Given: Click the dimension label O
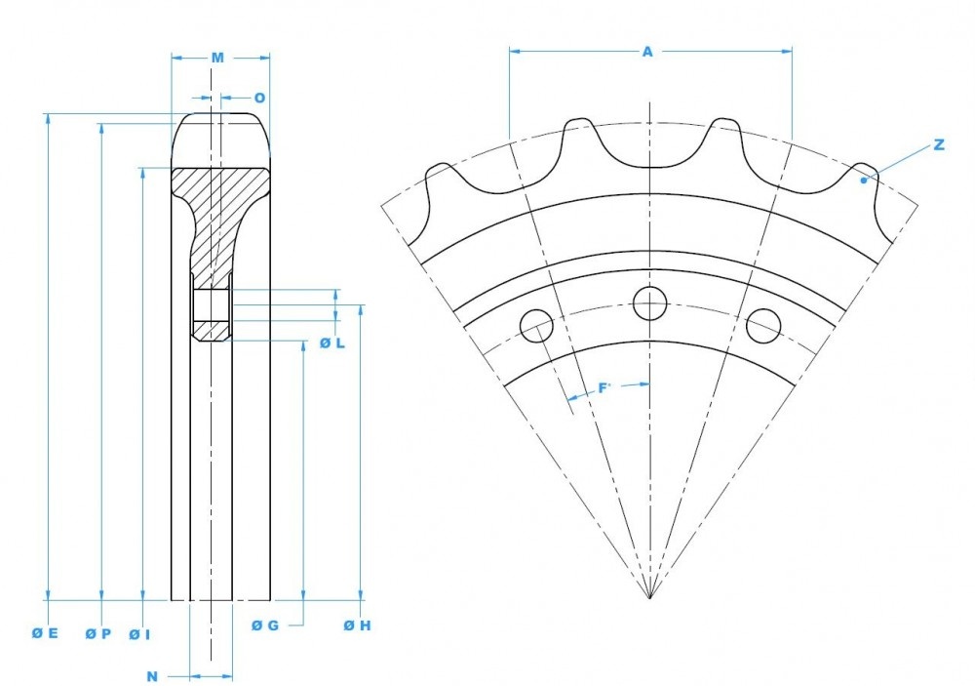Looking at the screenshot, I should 259,98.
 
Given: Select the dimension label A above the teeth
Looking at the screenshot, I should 647,52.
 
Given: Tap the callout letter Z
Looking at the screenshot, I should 938,144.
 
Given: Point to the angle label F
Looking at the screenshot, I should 604,388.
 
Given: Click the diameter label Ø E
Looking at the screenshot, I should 45,633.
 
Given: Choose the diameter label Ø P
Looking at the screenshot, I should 97,633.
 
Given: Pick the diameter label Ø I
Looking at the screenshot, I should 139,633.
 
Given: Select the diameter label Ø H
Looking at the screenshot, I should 357,625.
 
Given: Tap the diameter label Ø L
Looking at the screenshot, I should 332,343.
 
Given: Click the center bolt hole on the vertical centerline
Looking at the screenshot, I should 649,303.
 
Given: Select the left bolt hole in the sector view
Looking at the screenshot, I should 536,326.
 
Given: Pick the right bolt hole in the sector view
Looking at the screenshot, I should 762,326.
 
